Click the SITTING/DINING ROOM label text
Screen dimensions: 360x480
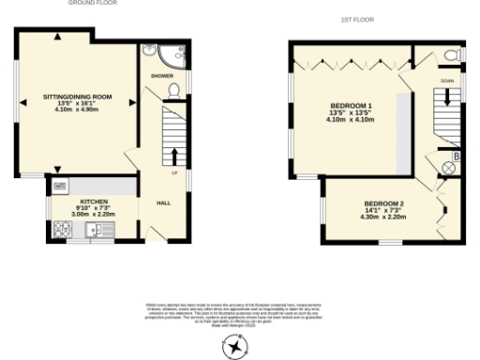77,97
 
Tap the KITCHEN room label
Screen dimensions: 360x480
95,202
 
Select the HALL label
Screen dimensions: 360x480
163,202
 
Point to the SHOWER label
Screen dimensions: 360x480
162,75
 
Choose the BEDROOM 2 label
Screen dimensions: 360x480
384,204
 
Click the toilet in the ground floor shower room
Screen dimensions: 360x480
172,90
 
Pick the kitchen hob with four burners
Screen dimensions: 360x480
62,228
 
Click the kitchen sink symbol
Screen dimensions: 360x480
94,228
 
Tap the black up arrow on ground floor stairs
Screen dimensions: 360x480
174,155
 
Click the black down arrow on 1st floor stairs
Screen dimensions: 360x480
446,97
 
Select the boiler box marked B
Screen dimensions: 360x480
456,155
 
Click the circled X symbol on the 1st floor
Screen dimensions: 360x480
448,169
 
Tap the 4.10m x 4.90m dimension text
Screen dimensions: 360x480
77,110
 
